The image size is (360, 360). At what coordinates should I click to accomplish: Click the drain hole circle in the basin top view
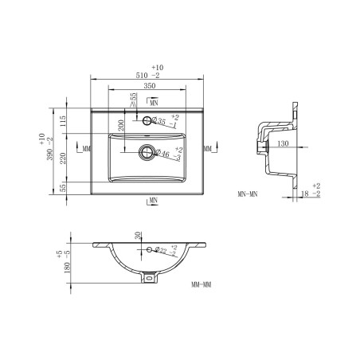coord(147,151)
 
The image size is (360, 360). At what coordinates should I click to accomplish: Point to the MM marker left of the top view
coord(86,149)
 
